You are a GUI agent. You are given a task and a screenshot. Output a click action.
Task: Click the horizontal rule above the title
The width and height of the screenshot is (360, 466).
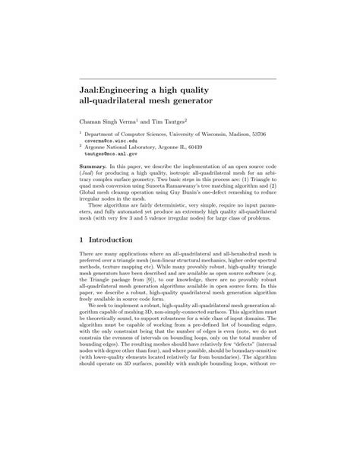click(x=180, y=77)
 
